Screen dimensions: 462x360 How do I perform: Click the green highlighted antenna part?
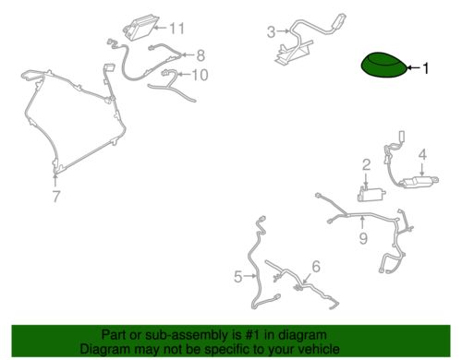point(385,65)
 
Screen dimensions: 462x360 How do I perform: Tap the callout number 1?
point(426,68)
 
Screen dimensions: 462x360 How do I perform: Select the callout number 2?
point(366,165)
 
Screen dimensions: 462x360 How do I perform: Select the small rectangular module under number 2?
point(371,194)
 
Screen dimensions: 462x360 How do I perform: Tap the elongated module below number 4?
point(419,182)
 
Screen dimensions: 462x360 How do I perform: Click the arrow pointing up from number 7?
point(55,180)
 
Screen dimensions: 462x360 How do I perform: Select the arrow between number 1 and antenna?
point(414,67)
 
